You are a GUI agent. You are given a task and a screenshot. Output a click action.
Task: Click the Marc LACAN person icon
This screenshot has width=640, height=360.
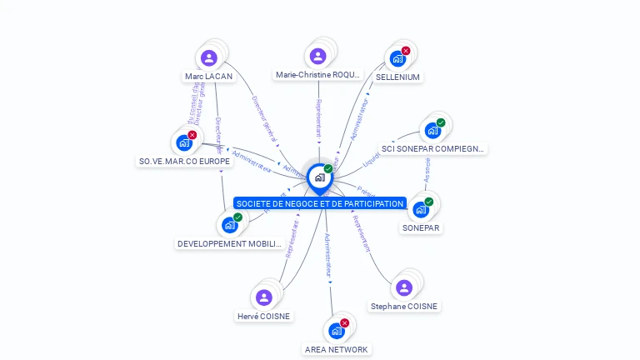[x=209, y=57]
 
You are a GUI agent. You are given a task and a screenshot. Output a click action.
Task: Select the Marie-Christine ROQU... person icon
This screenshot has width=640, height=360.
[x=317, y=56]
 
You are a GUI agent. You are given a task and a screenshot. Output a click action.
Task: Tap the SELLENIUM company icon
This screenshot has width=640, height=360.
[x=397, y=59]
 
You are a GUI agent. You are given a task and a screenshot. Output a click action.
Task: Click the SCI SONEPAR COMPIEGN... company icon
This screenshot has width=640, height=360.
[x=432, y=130]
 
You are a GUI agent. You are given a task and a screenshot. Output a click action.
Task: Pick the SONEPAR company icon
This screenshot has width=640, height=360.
[x=421, y=209]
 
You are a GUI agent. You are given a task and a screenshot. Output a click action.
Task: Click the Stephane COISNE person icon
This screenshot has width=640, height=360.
[x=404, y=287]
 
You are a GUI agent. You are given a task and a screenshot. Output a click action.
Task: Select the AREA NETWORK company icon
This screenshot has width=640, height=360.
[x=336, y=331]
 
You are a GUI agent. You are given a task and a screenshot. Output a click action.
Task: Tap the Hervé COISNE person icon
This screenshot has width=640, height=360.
[x=264, y=297]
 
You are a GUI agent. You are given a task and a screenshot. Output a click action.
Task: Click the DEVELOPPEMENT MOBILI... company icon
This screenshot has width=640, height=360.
[x=229, y=225]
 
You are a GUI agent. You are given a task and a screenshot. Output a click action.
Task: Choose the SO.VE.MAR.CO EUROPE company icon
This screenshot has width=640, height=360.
[x=184, y=142]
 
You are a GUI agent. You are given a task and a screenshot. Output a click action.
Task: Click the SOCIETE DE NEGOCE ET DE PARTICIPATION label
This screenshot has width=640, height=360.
[x=320, y=203]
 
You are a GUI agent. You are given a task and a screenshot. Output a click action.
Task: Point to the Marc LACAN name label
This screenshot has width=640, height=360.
[x=208, y=77]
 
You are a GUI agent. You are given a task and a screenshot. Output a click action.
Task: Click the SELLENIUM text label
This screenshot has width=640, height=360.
[x=397, y=77]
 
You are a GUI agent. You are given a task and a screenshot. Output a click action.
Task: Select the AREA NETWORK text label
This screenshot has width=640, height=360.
[x=336, y=349]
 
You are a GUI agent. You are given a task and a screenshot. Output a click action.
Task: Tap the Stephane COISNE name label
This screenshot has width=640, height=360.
[x=404, y=306]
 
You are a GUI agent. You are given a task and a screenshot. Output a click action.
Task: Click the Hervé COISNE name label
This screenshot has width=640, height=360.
[x=264, y=316]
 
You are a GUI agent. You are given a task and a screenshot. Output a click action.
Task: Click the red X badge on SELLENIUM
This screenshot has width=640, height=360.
[x=406, y=51]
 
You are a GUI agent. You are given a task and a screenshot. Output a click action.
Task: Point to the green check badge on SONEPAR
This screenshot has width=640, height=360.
[x=429, y=202]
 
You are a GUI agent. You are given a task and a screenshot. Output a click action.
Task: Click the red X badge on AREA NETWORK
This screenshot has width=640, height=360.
[x=344, y=322]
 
